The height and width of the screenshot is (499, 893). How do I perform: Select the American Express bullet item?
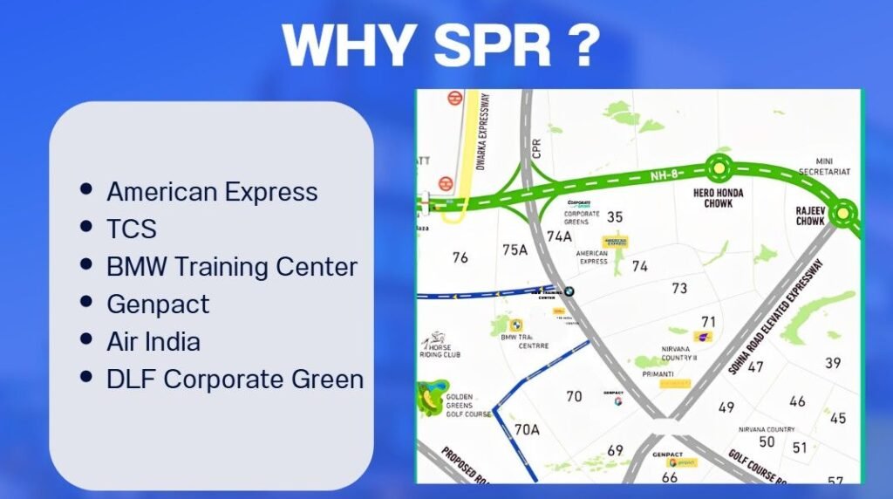(x=212, y=191)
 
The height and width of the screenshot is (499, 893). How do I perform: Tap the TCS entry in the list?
(x=132, y=229)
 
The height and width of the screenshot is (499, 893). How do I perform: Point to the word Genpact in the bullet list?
(x=158, y=304)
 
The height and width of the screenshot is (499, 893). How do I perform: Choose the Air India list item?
(x=153, y=341)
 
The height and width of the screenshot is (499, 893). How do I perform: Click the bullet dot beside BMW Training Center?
(x=85, y=264)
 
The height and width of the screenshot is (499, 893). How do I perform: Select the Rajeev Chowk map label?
(x=810, y=215)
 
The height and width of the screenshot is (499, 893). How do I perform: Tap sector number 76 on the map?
(x=460, y=257)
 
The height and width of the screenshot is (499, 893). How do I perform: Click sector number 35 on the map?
(x=615, y=217)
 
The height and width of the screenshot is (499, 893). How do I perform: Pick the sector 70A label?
(x=527, y=429)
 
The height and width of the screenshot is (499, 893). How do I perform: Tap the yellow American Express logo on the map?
(x=616, y=241)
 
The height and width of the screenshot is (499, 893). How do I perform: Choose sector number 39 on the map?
(x=833, y=363)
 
